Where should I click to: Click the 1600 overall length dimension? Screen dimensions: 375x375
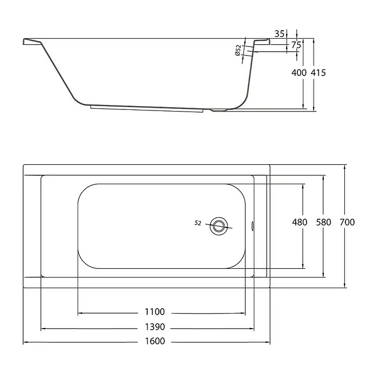[155, 341]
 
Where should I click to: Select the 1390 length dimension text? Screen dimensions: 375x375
[155, 327]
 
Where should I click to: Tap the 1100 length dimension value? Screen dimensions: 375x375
[155, 312]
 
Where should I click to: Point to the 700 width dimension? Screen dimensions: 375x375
[347, 222]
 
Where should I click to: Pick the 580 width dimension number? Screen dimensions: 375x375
[324, 222]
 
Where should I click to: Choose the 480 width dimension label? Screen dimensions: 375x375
[300, 222]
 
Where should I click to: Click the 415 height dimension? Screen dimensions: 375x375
[318, 72]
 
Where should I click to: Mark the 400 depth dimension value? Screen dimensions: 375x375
[298, 72]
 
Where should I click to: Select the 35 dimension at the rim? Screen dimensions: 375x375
[279, 34]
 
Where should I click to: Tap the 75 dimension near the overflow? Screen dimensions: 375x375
[296, 45]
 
